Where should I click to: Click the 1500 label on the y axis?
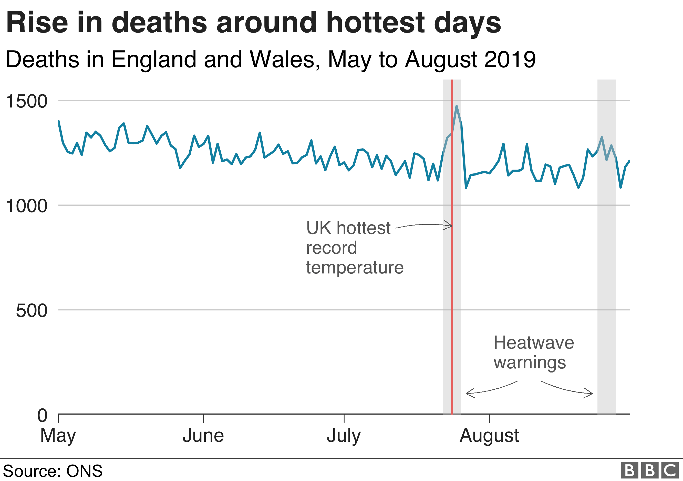point(26,101)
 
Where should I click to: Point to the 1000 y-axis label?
point(26,206)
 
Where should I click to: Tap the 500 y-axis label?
point(31,311)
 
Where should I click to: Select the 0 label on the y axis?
point(42,416)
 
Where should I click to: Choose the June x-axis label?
point(203,436)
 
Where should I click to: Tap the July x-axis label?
point(344,436)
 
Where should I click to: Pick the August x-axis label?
point(489,436)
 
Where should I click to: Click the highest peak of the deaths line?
point(456,106)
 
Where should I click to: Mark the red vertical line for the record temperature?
point(452,298)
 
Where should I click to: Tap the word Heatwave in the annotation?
point(534,342)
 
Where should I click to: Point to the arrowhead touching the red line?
point(449,225)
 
